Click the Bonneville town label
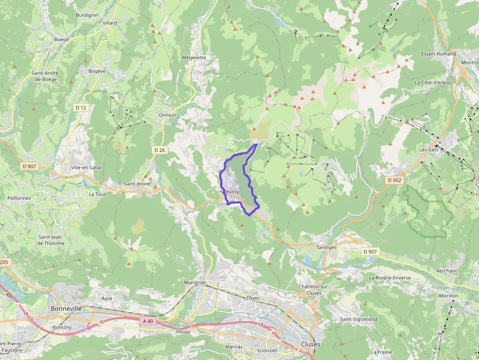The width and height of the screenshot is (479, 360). coord(66,309)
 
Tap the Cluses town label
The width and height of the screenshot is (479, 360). coord(311,344)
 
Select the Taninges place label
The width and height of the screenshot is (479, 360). coord(327,248)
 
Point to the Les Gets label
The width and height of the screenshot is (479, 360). coord(429,149)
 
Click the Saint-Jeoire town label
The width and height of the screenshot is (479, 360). coord(137,184)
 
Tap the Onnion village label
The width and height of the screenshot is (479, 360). coord(167,115)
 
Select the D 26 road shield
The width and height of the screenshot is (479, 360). coord(159,150)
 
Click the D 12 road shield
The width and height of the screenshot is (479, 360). coord(81,107)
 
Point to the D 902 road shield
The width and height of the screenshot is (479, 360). coord(394,180)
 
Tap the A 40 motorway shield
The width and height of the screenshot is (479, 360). coord(148,321)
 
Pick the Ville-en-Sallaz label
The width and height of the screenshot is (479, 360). coord(87,168)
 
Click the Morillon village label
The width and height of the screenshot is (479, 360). coord(448,296)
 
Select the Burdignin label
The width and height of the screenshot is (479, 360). coord(87,15)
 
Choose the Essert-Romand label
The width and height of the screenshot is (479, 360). coord(438,54)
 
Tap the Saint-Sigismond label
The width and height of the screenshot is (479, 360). coord(358,319)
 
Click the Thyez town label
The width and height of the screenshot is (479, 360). coord(253,298)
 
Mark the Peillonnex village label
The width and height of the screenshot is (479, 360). coord(19,198)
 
